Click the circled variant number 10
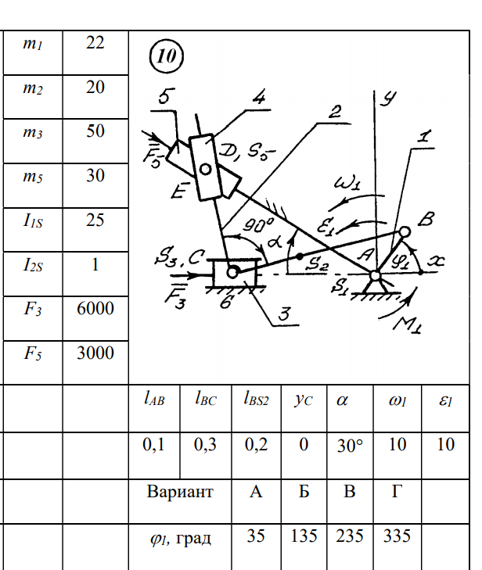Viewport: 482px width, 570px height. (165, 56)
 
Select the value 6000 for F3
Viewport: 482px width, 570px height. (95, 308)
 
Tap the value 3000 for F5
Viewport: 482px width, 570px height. (95, 353)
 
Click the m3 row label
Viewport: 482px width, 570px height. (32, 131)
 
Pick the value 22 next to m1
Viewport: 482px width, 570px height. (95, 42)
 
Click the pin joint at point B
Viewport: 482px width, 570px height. (405, 232)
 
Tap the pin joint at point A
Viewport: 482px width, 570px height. (376, 274)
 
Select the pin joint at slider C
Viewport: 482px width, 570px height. (232, 272)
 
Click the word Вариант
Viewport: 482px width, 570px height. (179, 493)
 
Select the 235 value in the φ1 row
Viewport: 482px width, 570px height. (351, 536)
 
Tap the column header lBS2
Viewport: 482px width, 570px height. (256, 400)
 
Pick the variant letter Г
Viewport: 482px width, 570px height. (397, 493)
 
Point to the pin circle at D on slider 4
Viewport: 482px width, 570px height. (206, 168)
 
